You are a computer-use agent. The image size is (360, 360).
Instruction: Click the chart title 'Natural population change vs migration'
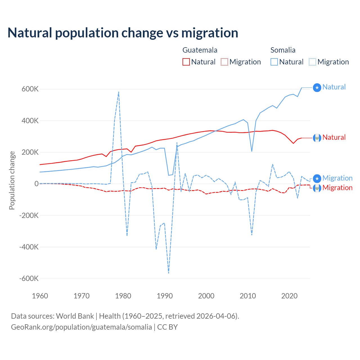pyautogui.click(x=123, y=33)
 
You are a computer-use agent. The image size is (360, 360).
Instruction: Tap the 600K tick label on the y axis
pyautogui.click(x=30, y=89)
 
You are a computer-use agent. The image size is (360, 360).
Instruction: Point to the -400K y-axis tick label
pyautogui.click(x=29, y=247)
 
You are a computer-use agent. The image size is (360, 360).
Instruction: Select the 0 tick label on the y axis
pyautogui.click(x=36, y=184)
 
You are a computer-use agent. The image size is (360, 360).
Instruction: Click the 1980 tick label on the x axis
pyautogui.click(x=123, y=296)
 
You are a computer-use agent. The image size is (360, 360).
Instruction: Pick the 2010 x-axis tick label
pyautogui.click(x=248, y=296)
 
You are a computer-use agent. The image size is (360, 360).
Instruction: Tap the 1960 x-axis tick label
pyautogui.click(x=40, y=296)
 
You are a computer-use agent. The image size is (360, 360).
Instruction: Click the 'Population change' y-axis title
pyautogui.click(x=12, y=180)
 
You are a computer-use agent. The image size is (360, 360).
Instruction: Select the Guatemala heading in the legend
pyautogui.click(x=200, y=50)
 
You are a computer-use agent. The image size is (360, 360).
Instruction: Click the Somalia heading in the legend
pyautogui.click(x=283, y=50)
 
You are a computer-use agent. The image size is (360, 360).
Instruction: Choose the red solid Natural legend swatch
pyautogui.click(x=186, y=62)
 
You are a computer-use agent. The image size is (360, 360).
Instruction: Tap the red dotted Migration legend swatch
pyautogui.click(x=224, y=62)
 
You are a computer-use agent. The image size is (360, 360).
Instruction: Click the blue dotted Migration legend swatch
pyautogui.click(x=312, y=62)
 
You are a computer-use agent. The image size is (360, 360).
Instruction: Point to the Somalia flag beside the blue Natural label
pyautogui.click(x=317, y=88)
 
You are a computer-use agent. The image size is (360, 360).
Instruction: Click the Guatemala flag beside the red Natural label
pyautogui.click(x=317, y=138)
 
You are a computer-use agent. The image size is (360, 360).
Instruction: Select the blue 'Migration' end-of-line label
pyautogui.click(x=337, y=178)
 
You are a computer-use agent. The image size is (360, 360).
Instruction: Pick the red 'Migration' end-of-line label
pyautogui.click(x=337, y=188)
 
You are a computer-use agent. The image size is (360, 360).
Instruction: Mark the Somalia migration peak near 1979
pyautogui.click(x=119, y=92)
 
